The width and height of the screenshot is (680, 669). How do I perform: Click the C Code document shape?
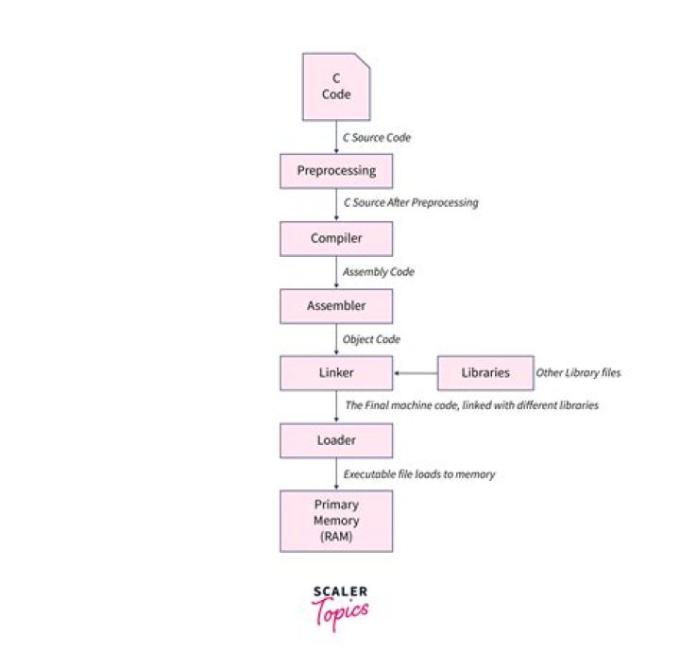[336, 86]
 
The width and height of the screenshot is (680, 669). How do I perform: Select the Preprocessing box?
[336, 171]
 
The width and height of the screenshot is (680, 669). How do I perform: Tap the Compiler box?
[336, 238]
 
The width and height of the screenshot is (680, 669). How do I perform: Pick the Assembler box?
[336, 306]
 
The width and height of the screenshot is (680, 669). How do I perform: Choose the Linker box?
[336, 373]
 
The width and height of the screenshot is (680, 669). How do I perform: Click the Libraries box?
[485, 373]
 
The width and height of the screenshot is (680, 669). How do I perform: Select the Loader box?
[336, 440]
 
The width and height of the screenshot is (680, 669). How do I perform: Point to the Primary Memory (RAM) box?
[336, 519]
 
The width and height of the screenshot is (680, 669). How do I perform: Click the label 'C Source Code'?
[377, 138]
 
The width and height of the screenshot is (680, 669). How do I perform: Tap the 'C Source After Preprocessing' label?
[410, 203]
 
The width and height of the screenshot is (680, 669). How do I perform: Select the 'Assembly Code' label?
[378, 272]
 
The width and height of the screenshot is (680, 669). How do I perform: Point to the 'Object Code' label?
[371, 339]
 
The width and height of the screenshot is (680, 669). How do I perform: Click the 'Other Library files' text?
[578, 373]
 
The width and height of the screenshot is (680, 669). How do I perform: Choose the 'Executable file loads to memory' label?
[418, 474]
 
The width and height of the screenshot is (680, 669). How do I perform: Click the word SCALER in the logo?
[340, 592]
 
